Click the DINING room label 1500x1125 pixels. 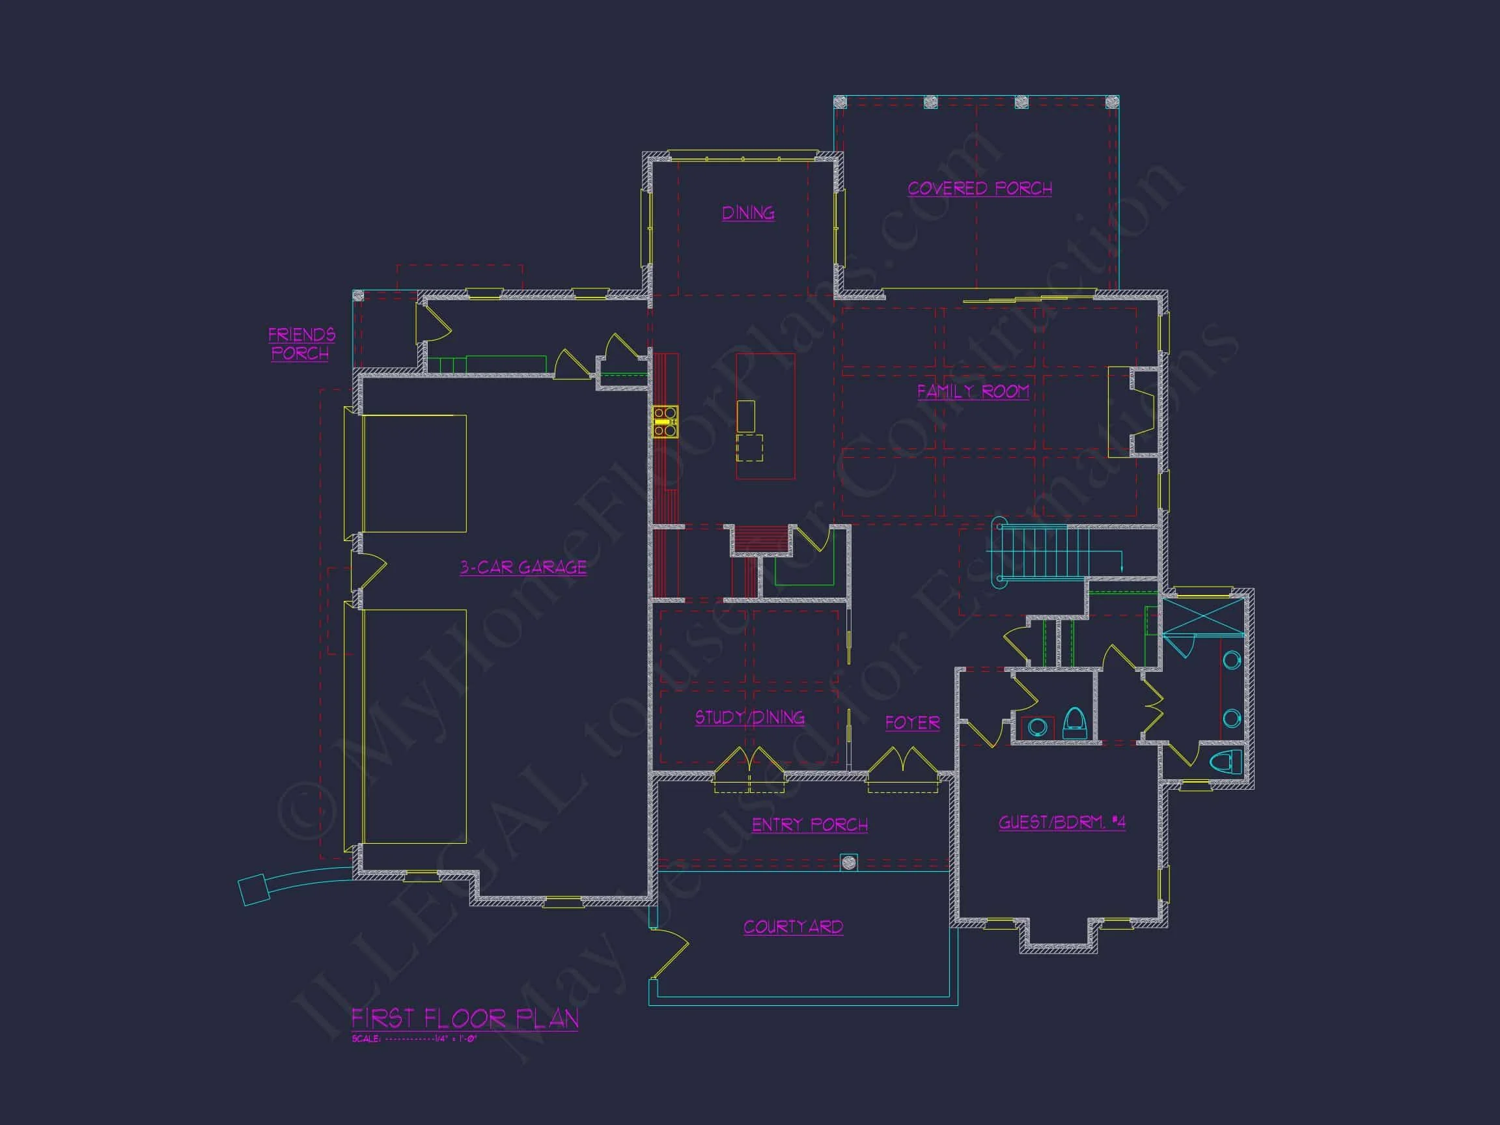tap(748, 213)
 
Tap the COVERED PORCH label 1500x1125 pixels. tap(979, 189)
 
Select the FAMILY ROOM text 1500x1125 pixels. tap(973, 391)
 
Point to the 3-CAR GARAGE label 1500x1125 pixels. tap(523, 567)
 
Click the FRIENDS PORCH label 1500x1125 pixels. tap(301, 344)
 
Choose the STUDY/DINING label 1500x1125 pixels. tap(749, 717)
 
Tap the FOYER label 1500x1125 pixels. tap(912, 723)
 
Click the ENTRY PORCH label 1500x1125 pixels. tap(810, 825)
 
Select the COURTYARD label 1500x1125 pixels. tap(793, 926)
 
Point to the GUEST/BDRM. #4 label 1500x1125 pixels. tap(1061, 822)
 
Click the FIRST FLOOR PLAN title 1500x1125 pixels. tap(464, 1018)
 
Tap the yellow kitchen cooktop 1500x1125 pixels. tap(665, 421)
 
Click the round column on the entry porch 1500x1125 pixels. tap(848, 863)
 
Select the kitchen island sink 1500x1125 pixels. tap(745, 415)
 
